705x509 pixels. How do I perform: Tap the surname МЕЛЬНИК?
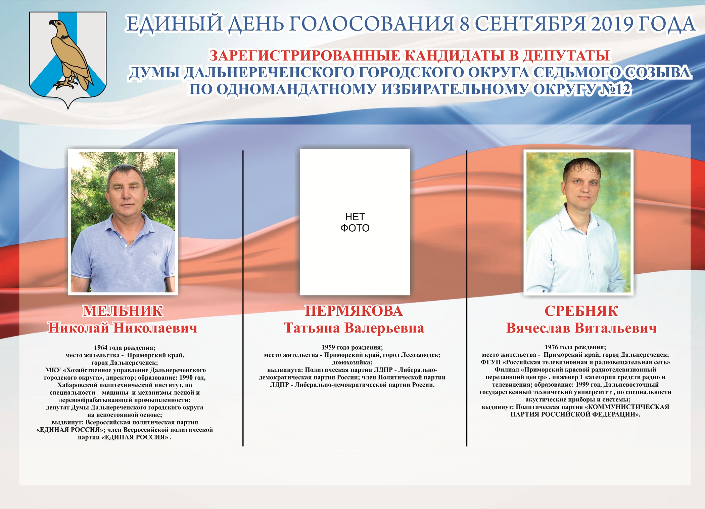tap(123, 311)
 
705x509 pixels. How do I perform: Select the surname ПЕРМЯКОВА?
tap(354, 311)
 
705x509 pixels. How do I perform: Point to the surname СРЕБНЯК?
tap(581, 311)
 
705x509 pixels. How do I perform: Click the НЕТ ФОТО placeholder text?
tap(355, 222)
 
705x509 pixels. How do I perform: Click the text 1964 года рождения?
tap(125, 348)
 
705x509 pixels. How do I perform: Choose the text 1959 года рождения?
tap(352, 347)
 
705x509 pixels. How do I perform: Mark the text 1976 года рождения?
tap(575, 347)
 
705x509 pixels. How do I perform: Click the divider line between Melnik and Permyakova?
tap(243, 299)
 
